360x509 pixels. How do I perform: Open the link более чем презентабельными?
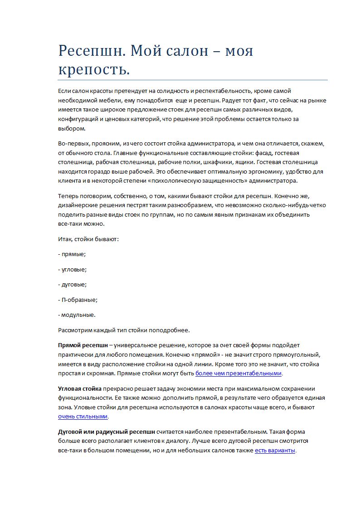[x=238, y=373]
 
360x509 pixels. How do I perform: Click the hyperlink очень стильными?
[x=83, y=416]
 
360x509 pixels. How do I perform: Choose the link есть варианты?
[x=275, y=451]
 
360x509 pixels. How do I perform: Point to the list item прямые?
[x=73, y=254]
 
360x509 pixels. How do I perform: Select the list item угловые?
[x=74, y=269]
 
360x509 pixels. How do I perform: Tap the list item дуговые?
[x=74, y=284]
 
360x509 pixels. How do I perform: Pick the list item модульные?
[x=78, y=315]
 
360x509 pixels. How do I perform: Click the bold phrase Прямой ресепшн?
[x=83, y=345]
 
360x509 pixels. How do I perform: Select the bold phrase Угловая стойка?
[x=80, y=388]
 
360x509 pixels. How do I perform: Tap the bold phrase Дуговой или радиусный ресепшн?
[x=107, y=431]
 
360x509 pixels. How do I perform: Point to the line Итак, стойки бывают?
[x=88, y=238]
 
